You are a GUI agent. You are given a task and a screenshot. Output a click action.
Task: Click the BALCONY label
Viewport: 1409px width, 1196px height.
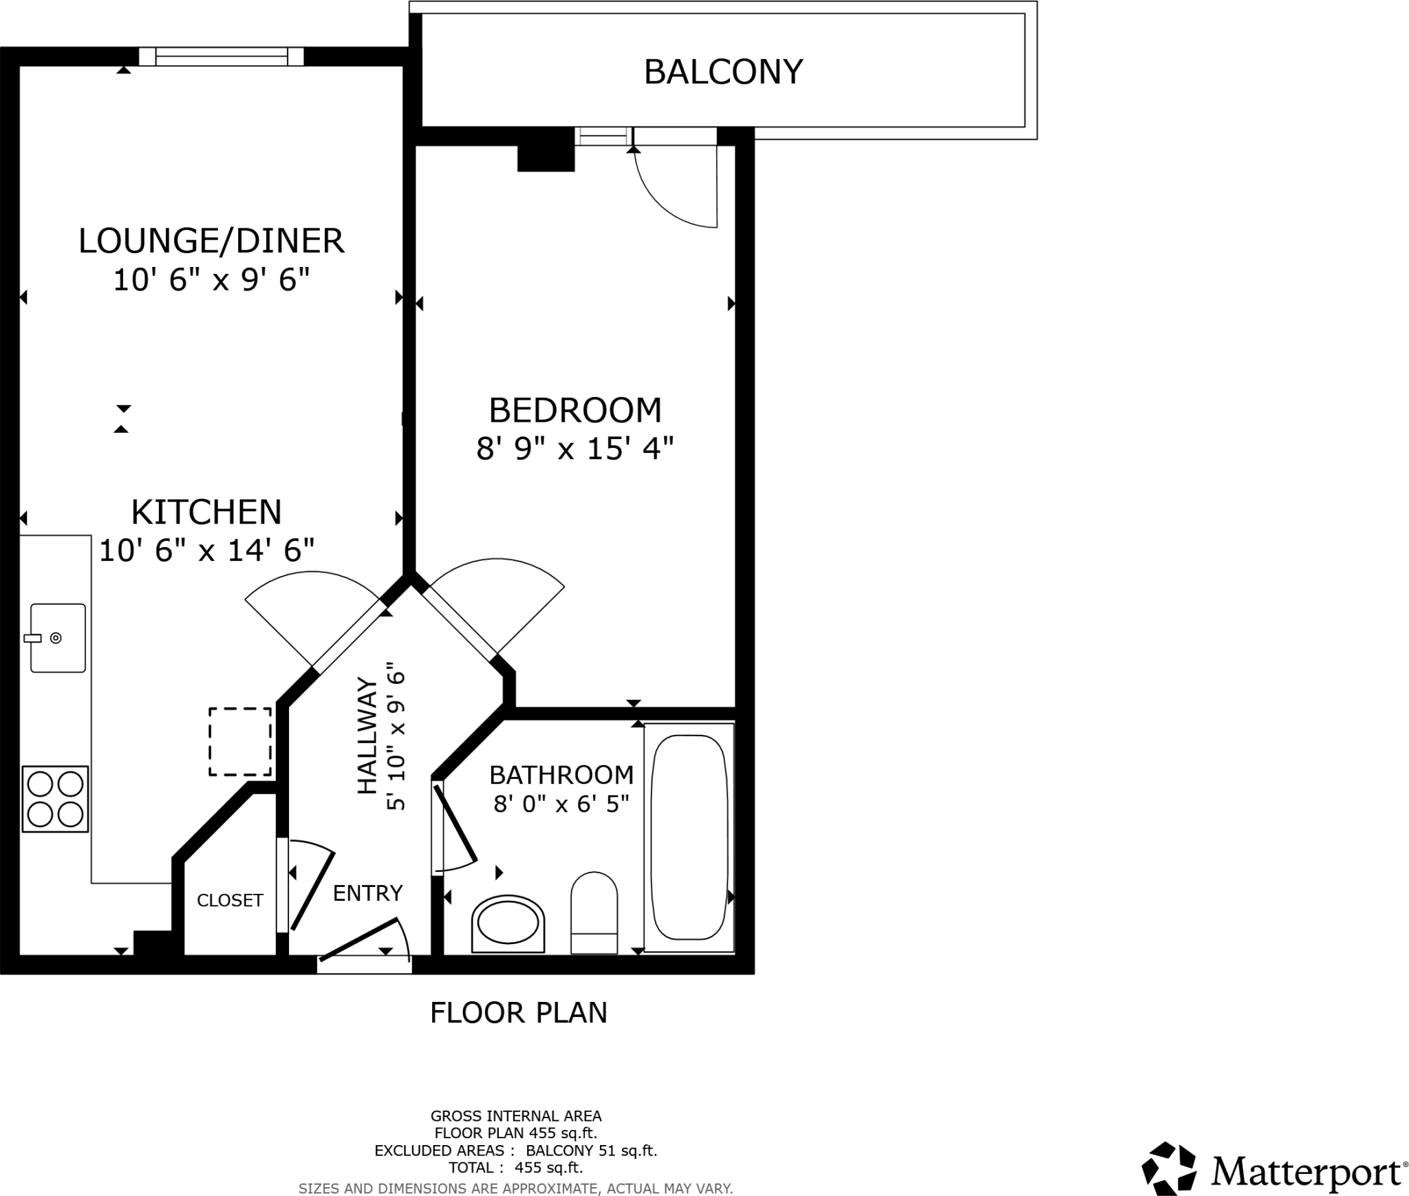723,72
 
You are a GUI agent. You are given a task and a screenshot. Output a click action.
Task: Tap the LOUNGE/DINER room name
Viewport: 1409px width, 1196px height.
211,241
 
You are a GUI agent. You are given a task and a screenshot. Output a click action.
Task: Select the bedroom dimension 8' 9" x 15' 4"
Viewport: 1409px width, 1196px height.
574,449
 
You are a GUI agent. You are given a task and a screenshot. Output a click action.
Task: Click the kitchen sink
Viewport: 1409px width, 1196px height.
58,637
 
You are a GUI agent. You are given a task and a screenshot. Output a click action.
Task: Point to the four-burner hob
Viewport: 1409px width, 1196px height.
55,799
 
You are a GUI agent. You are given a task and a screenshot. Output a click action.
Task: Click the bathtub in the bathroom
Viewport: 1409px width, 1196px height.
689,837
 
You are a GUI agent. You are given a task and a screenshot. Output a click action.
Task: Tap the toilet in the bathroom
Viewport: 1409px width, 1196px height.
594,912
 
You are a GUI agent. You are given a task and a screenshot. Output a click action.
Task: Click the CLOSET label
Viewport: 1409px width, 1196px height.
230,900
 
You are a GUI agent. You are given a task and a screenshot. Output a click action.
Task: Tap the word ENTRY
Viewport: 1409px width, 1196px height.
367,893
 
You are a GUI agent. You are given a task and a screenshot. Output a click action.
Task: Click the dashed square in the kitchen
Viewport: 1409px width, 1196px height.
240,742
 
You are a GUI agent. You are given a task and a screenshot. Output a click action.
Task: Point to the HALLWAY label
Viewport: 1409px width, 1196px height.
367,736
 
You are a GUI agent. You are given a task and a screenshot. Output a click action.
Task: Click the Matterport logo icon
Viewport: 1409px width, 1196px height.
1168,1168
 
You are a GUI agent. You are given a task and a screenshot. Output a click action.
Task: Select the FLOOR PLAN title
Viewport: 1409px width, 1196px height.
519,1013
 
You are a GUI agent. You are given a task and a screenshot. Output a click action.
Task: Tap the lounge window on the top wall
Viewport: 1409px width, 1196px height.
222,56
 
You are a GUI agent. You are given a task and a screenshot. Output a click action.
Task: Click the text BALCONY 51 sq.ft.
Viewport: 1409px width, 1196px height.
592,1150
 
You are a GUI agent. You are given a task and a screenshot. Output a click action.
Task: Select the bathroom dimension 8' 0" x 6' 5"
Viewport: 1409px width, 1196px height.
561,804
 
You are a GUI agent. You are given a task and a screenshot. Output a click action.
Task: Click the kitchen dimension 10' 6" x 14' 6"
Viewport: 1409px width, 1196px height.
207,551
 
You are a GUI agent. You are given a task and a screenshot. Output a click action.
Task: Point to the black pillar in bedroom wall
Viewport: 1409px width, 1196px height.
546,158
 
